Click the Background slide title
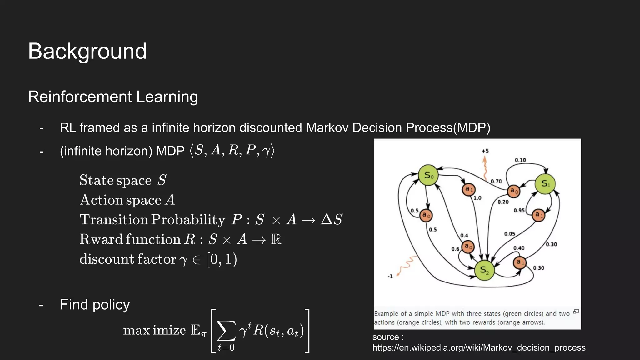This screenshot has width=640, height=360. (87, 51)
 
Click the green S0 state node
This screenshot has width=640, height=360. (428, 175)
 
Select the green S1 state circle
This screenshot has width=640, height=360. (545, 184)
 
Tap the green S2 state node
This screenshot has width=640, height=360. (484, 270)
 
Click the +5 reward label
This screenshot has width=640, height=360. (485, 151)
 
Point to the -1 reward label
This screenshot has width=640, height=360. (390, 276)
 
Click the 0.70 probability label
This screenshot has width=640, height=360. (496, 181)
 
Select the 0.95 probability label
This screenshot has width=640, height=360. (519, 210)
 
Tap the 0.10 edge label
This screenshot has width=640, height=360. (520, 160)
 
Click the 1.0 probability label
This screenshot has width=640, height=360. (477, 198)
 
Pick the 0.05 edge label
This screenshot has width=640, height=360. (509, 234)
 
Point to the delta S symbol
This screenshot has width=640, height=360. (332, 219)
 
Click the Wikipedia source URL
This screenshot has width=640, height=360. (479, 347)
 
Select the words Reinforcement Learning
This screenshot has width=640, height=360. (113, 97)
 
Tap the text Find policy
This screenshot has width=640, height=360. (95, 304)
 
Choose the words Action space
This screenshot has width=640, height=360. (120, 200)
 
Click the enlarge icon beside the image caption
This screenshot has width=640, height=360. (576, 312)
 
